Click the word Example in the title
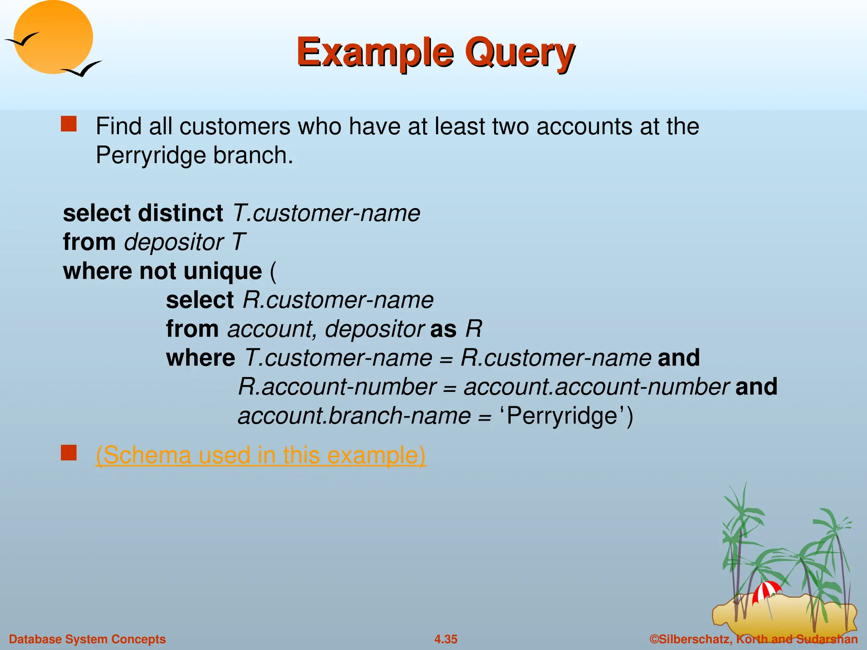click(x=375, y=53)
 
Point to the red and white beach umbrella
click(x=766, y=590)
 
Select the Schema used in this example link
click(x=260, y=455)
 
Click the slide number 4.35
click(x=446, y=639)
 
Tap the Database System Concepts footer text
click(x=87, y=639)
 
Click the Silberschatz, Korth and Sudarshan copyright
click(x=754, y=639)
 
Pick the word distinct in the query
click(x=181, y=213)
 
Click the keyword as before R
click(x=443, y=329)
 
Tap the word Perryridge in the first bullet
click(x=151, y=155)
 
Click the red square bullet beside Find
click(x=69, y=124)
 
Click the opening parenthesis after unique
click(x=273, y=271)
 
